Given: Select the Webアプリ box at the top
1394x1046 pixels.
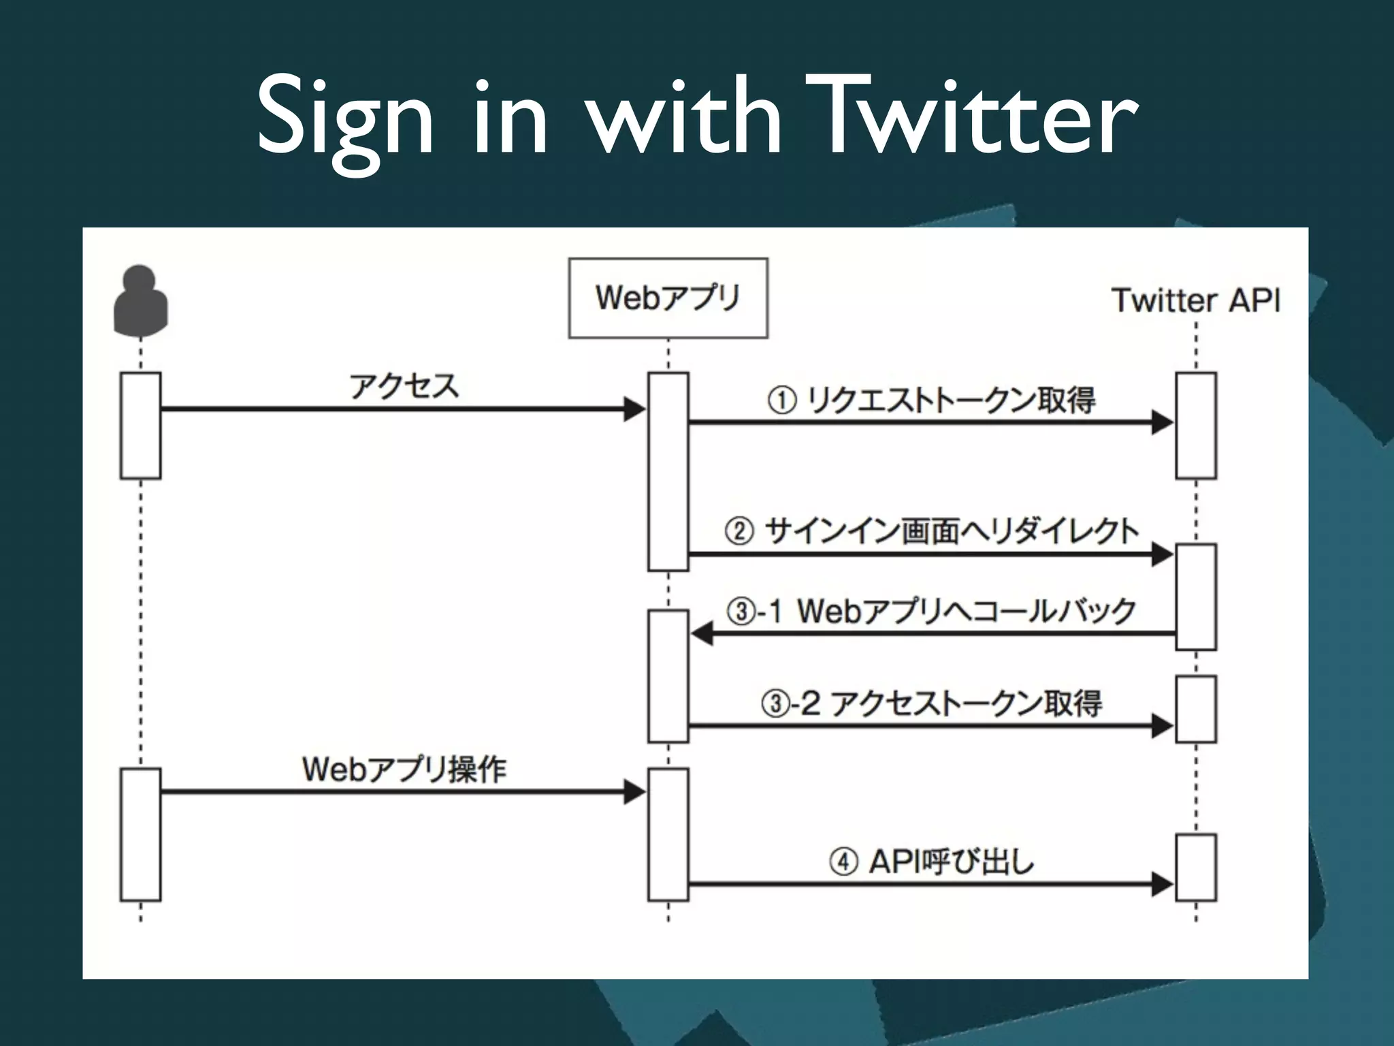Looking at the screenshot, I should [668, 298].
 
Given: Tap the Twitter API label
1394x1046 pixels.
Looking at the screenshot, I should [1195, 300].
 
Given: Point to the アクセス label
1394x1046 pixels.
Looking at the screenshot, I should [404, 386].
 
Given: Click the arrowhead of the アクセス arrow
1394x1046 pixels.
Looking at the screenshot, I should [634, 409].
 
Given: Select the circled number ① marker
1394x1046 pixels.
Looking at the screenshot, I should [781, 400].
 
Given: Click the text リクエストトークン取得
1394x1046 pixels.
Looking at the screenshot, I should [951, 400].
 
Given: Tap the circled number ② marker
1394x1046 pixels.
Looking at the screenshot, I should [739, 531].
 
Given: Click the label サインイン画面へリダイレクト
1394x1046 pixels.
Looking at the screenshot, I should [951, 531].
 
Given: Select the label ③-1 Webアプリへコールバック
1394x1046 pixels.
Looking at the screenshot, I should [931, 611].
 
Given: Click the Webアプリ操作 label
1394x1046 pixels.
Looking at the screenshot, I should [404, 770].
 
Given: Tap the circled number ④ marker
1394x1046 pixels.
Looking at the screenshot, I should [843, 862].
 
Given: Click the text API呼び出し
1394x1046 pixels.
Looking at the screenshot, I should [951, 862].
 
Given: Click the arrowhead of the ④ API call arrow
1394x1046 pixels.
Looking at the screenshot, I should [1162, 884].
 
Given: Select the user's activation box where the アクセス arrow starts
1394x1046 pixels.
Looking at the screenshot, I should [140, 425].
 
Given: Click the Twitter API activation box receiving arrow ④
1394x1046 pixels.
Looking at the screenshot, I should [1196, 867].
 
